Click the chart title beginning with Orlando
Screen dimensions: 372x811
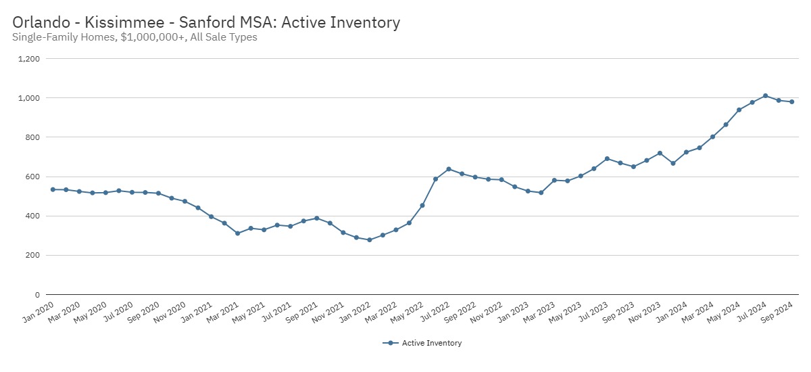206,22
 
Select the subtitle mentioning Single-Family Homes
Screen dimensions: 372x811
134,37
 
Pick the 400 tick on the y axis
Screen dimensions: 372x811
32,216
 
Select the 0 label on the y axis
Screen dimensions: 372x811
36,295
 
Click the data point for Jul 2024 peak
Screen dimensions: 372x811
765,96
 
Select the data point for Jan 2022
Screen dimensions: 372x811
369,240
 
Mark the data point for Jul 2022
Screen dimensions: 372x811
449,169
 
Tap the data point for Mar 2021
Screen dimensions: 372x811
237,233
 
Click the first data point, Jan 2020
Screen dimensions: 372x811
53,189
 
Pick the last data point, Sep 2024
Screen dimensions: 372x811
791,102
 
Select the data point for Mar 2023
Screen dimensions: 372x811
554,181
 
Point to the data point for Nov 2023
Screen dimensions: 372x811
660,153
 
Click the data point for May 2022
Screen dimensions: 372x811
422,206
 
